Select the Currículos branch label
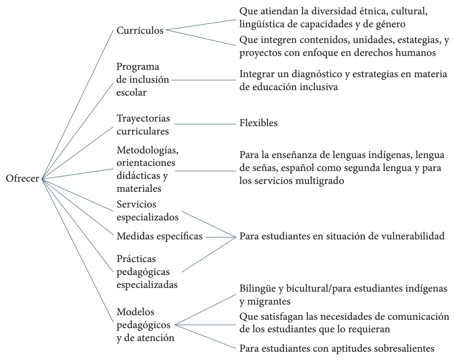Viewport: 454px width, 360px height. pos(139,31)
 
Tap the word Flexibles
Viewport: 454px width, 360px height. pos(258,124)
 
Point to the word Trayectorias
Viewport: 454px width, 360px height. pos(137,118)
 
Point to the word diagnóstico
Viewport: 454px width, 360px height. pos(311,74)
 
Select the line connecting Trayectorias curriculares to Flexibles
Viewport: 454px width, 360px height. pos(203,124)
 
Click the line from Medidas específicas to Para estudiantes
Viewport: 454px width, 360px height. pos(220,237)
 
